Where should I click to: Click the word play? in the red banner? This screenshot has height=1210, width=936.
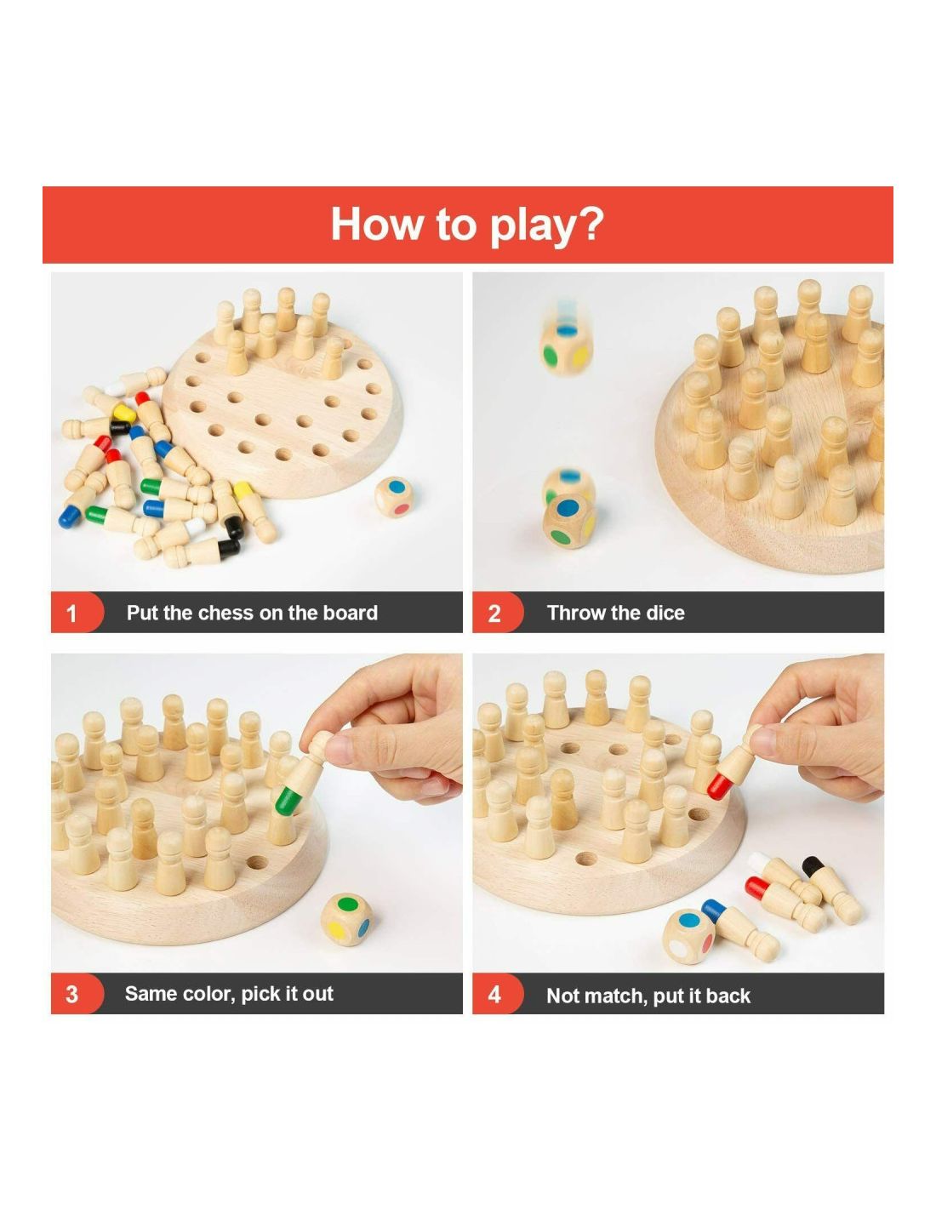[545, 226]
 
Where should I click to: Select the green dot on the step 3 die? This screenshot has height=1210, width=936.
[348, 903]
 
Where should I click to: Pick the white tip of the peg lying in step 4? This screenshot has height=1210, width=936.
[758, 863]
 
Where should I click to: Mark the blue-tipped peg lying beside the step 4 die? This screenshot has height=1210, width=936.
[739, 928]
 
